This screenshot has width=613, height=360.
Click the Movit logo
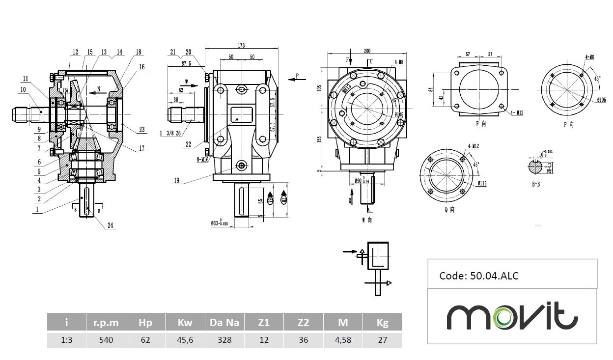pyautogui.click(x=512, y=317)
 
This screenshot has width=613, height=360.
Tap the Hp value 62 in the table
pyautogui.click(x=145, y=340)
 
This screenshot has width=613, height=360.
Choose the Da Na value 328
pyautogui.click(x=224, y=340)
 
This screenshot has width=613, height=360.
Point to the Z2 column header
pyautogui.click(x=304, y=323)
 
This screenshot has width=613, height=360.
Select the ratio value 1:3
pyautogui.click(x=66, y=340)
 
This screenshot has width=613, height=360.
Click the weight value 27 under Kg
pyautogui.click(x=382, y=340)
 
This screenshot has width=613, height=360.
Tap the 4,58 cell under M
pyautogui.click(x=343, y=340)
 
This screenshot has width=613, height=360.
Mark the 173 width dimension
pyautogui.click(x=241, y=46)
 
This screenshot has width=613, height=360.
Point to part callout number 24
pyautogui.click(x=111, y=226)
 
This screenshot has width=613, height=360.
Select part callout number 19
pyautogui.click(x=176, y=181)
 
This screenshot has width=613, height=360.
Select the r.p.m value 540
pyautogui.click(x=106, y=340)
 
